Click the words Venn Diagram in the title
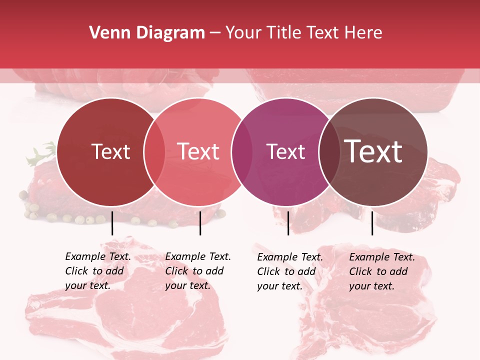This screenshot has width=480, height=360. tap(147, 33)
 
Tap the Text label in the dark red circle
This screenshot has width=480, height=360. tap(110, 151)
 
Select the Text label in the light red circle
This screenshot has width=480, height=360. tap(198, 151)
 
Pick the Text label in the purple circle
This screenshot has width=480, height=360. tap(285, 151)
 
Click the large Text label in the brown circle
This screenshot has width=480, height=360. tap(373, 151)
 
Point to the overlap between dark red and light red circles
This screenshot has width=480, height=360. tap(154, 151)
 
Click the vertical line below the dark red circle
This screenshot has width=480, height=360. tap(112, 223)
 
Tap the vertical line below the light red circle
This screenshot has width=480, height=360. tap(200, 223)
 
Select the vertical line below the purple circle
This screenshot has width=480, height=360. tap(288, 223)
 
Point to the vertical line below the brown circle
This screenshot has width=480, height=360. tap(372, 223)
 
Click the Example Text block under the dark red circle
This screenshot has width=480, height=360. tap(97, 271)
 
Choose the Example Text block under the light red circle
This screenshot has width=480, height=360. tap(197, 271)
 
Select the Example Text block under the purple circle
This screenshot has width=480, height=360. tap(289, 271)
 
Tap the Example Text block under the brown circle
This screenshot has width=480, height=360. tap(381, 271)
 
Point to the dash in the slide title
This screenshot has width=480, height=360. tap(215, 33)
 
